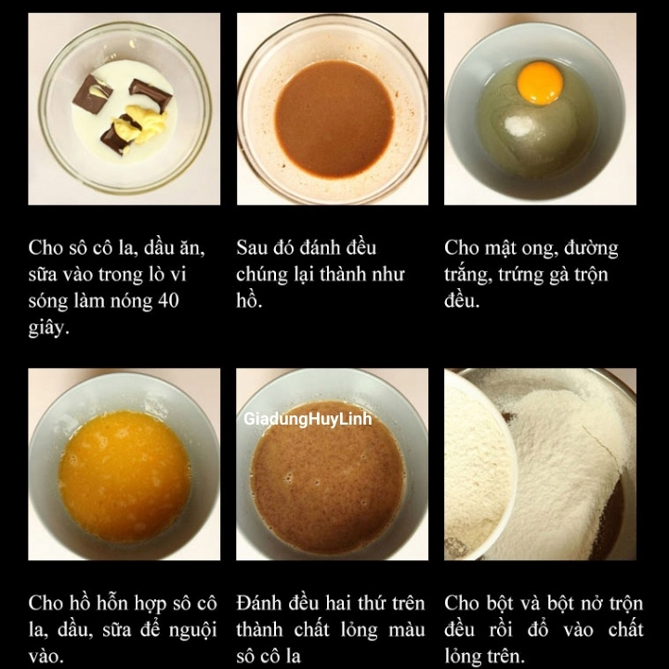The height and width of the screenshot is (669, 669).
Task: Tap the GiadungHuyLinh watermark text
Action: tap(308, 419)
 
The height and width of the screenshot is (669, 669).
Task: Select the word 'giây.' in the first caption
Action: tap(49, 328)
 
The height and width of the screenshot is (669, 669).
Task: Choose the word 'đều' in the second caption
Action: tap(357, 248)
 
